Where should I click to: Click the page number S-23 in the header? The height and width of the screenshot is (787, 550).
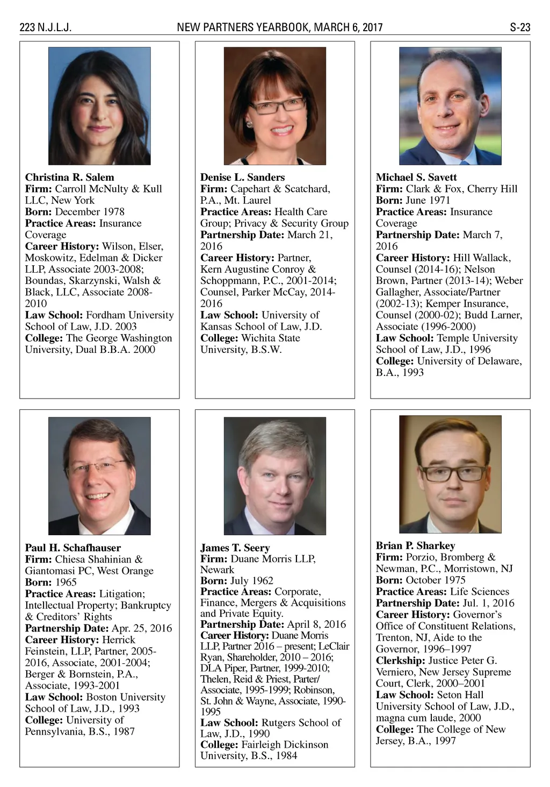(x=519, y=27)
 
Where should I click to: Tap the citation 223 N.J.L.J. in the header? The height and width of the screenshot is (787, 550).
(x=45, y=27)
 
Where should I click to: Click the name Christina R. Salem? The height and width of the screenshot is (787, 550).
(x=69, y=177)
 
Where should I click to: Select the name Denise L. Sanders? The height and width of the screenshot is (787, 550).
(x=242, y=177)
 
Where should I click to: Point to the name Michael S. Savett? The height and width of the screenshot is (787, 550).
(x=416, y=177)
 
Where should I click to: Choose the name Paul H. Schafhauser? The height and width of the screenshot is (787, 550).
(x=73, y=548)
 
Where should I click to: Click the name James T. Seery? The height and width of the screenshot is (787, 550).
(x=235, y=548)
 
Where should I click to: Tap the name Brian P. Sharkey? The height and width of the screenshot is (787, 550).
(x=415, y=545)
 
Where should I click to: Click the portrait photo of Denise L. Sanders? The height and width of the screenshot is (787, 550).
(x=274, y=106)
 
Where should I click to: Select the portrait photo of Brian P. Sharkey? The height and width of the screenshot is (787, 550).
(x=450, y=474)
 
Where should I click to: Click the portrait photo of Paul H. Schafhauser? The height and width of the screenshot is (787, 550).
(x=99, y=476)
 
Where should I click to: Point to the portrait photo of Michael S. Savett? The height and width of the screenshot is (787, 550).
(x=450, y=106)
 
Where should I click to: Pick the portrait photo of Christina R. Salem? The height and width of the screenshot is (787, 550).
(x=99, y=106)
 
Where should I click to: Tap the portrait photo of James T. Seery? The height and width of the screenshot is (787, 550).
(x=274, y=476)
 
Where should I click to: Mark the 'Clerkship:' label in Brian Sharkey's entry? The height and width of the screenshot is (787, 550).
(x=401, y=661)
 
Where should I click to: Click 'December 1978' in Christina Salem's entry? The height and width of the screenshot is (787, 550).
(x=90, y=211)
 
